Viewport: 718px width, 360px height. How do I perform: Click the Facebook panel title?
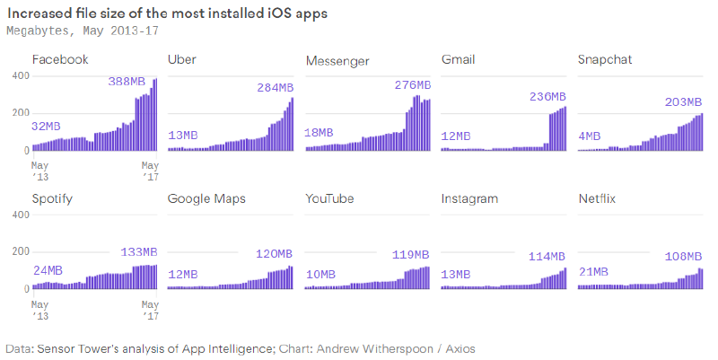pos(60,60)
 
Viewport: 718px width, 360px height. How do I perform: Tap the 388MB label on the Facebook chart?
pos(127,81)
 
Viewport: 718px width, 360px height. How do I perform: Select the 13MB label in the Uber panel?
pos(183,136)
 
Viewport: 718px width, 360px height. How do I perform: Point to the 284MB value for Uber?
pos(276,88)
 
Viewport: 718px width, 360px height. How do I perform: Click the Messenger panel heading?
pos(337,60)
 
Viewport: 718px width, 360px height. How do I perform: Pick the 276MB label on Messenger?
pos(413,85)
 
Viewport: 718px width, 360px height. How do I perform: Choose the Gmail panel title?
pos(459,60)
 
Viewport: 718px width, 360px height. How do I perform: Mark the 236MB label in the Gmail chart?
pos(548,97)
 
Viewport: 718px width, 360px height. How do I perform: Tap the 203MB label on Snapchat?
pos(685,102)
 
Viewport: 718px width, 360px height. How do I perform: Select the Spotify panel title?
pos(52,198)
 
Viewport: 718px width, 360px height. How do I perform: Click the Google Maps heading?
pos(206,198)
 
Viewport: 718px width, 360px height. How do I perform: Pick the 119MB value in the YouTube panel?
pos(411,255)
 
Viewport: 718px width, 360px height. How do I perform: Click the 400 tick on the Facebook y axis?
pos(19,75)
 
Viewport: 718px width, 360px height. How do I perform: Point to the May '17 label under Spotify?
pos(150,310)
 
